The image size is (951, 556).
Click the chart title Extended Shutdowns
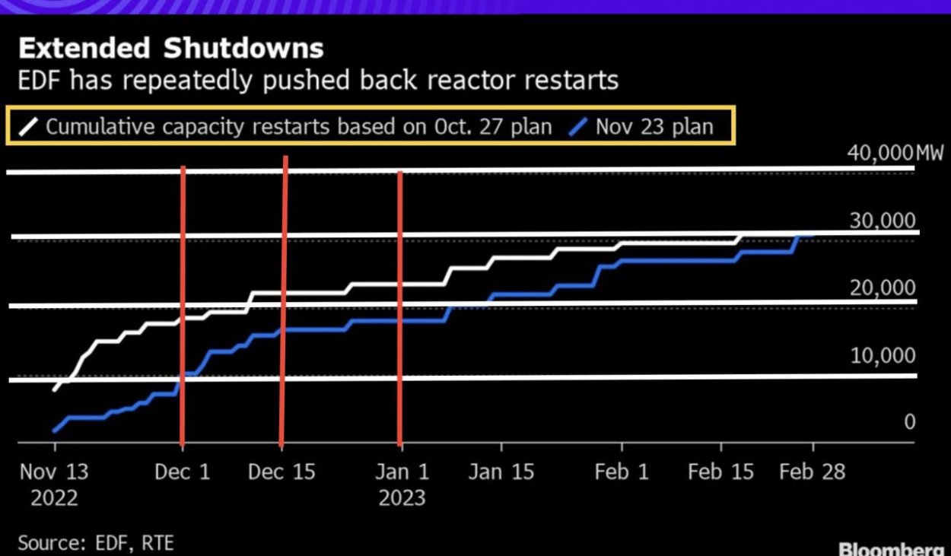[170, 49]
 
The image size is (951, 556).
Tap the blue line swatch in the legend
[578, 125]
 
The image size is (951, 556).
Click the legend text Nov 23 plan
[654, 125]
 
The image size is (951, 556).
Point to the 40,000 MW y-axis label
[895, 153]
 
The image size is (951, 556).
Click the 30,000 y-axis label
[883, 221]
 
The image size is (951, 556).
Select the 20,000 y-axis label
[883, 288]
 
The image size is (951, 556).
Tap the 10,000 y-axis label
[883, 355]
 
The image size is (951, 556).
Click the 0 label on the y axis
[909, 422]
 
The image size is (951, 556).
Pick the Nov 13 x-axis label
[54, 472]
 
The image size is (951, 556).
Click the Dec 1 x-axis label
[182, 472]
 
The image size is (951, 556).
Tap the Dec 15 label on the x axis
[281, 472]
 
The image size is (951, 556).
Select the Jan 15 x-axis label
[501, 472]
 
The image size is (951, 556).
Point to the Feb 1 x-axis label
[622, 472]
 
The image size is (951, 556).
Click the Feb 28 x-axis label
[812, 472]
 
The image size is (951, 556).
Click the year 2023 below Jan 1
[402, 498]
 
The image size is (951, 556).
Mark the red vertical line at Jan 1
[400, 304]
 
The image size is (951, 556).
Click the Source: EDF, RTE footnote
[96, 543]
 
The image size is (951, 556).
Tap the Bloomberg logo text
[890, 549]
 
